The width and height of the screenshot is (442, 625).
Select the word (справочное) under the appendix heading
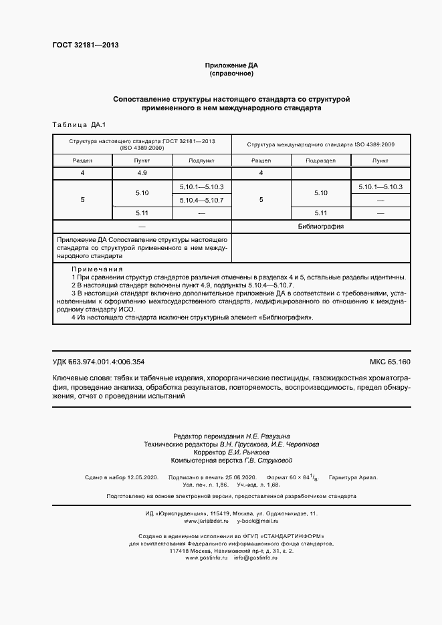231,74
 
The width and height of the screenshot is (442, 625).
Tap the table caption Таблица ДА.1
74,125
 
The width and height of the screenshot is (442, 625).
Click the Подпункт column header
201,160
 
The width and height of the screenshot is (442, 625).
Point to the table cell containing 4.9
142,173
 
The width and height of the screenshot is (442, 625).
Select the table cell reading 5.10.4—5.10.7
201,200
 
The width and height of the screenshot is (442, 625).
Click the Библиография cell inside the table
320,227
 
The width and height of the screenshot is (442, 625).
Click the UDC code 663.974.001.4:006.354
107,362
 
